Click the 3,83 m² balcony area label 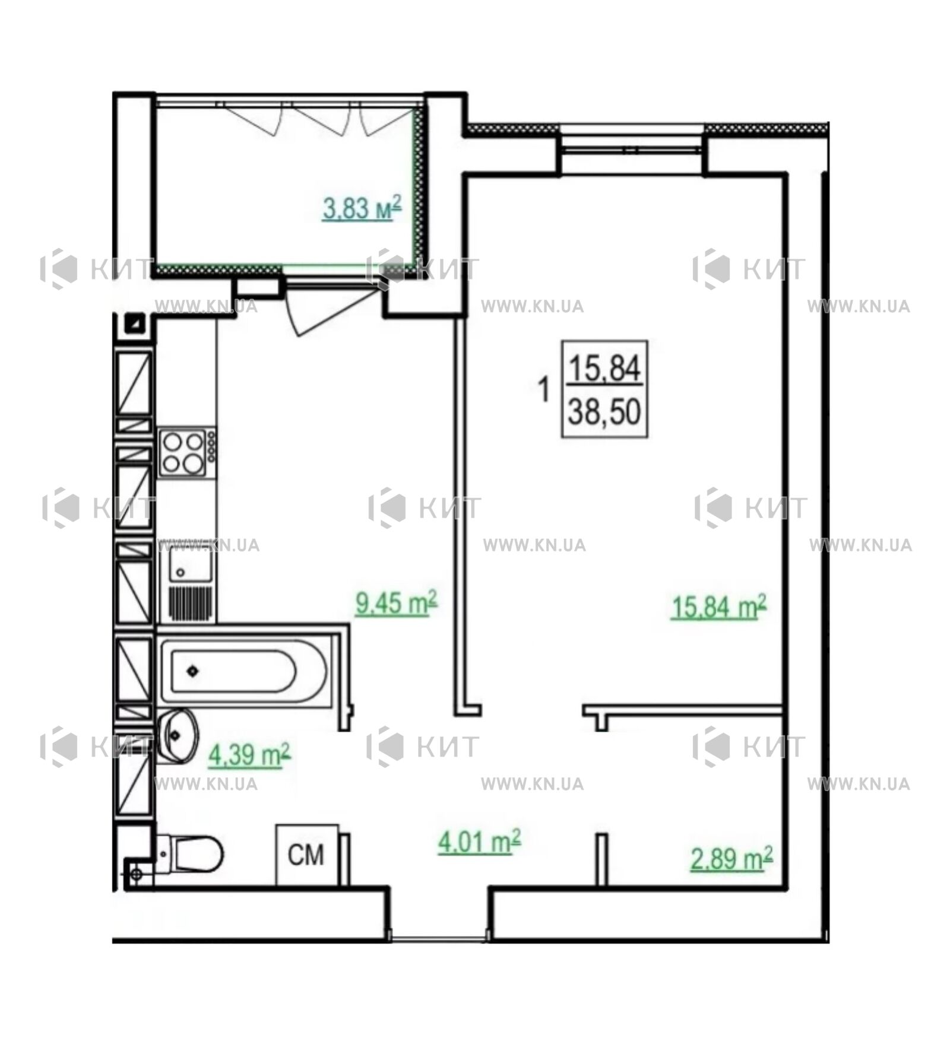pos(362,208)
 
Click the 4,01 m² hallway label pos(479,842)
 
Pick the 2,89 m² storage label pos(731,859)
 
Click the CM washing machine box pos(306,855)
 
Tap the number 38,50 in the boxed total pos(604,411)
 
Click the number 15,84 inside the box pos(604,368)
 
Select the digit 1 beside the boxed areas pos(543,390)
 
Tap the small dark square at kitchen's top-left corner pos(138,323)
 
